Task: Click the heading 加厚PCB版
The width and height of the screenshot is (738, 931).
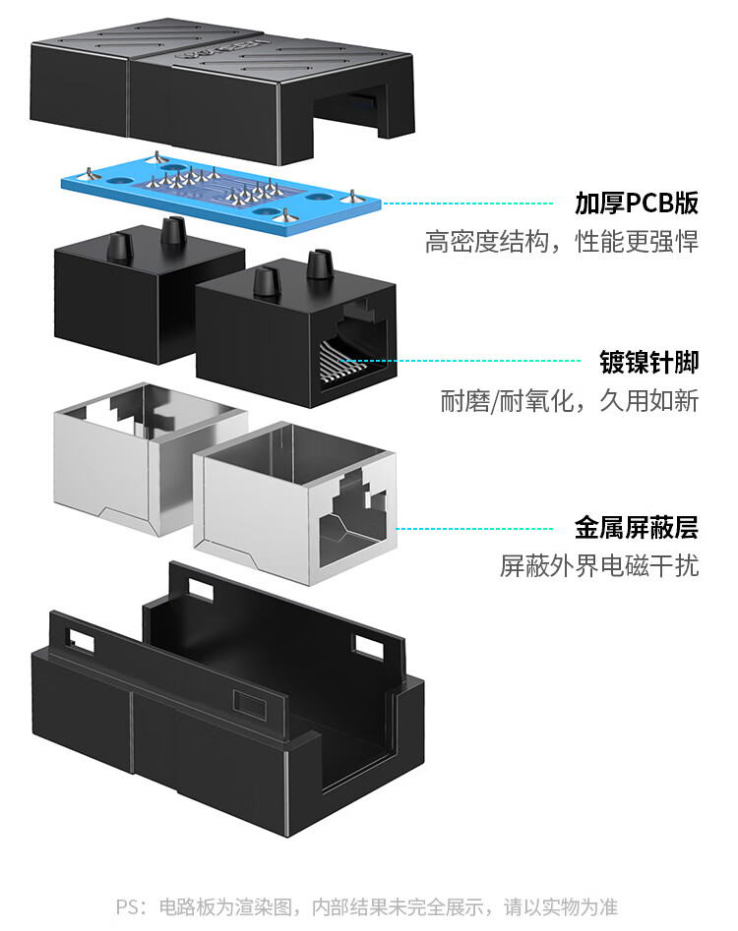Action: (x=637, y=204)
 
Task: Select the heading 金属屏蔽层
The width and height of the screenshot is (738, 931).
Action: (x=637, y=528)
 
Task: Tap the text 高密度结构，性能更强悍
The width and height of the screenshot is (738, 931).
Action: (x=562, y=242)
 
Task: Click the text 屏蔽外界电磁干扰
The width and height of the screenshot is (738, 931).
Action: (x=599, y=566)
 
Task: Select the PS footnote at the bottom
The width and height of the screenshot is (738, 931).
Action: (x=368, y=905)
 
